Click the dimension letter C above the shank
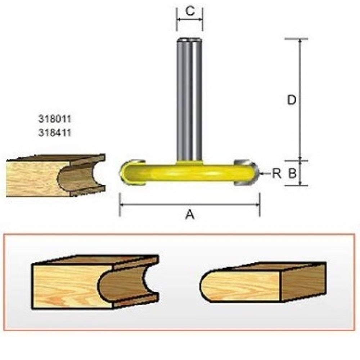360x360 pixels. [190, 11]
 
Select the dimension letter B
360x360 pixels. [292, 174]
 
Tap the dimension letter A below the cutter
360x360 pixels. [190, 215]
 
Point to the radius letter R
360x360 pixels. [276, 174]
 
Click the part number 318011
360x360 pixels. [54, 118]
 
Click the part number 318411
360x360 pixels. [54, 132]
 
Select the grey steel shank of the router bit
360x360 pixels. [189, 101]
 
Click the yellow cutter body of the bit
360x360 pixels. [189, 173]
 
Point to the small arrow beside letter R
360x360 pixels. [265, 174]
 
